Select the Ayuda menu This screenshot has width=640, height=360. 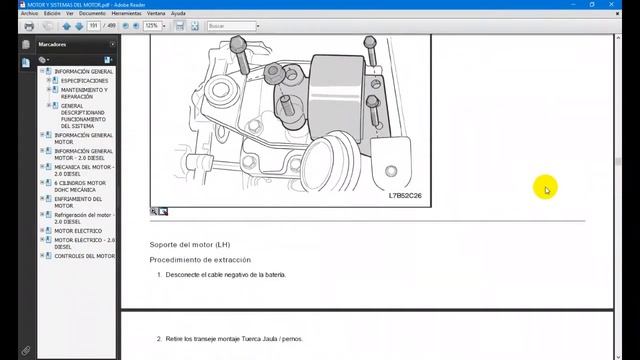tap(178, 14)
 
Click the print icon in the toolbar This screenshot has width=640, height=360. tap(29, 26)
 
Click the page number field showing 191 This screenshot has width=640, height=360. tap(96, 26)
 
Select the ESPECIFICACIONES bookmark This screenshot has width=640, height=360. tap(84, 81)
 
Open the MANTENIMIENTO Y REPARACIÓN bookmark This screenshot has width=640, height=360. tap(84, 93)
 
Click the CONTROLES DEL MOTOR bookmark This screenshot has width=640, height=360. tap(84, 256)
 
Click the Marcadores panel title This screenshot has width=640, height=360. tap(53, 45)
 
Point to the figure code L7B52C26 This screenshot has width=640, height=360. tap(405, 195)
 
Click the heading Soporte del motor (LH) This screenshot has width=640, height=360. tap(189, 244)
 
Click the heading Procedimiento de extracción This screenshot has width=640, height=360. tap(200, 259)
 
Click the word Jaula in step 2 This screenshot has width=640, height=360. tap(268, 340)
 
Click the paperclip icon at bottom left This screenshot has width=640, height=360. tap(28, 350)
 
